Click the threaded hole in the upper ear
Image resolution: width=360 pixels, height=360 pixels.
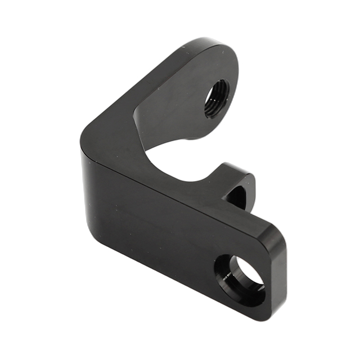point(217,98)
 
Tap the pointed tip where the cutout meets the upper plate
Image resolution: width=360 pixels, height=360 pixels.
point(137,115)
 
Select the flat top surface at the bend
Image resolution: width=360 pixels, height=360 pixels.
point(112,135)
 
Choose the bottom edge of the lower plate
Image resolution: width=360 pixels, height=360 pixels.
point(169,273)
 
